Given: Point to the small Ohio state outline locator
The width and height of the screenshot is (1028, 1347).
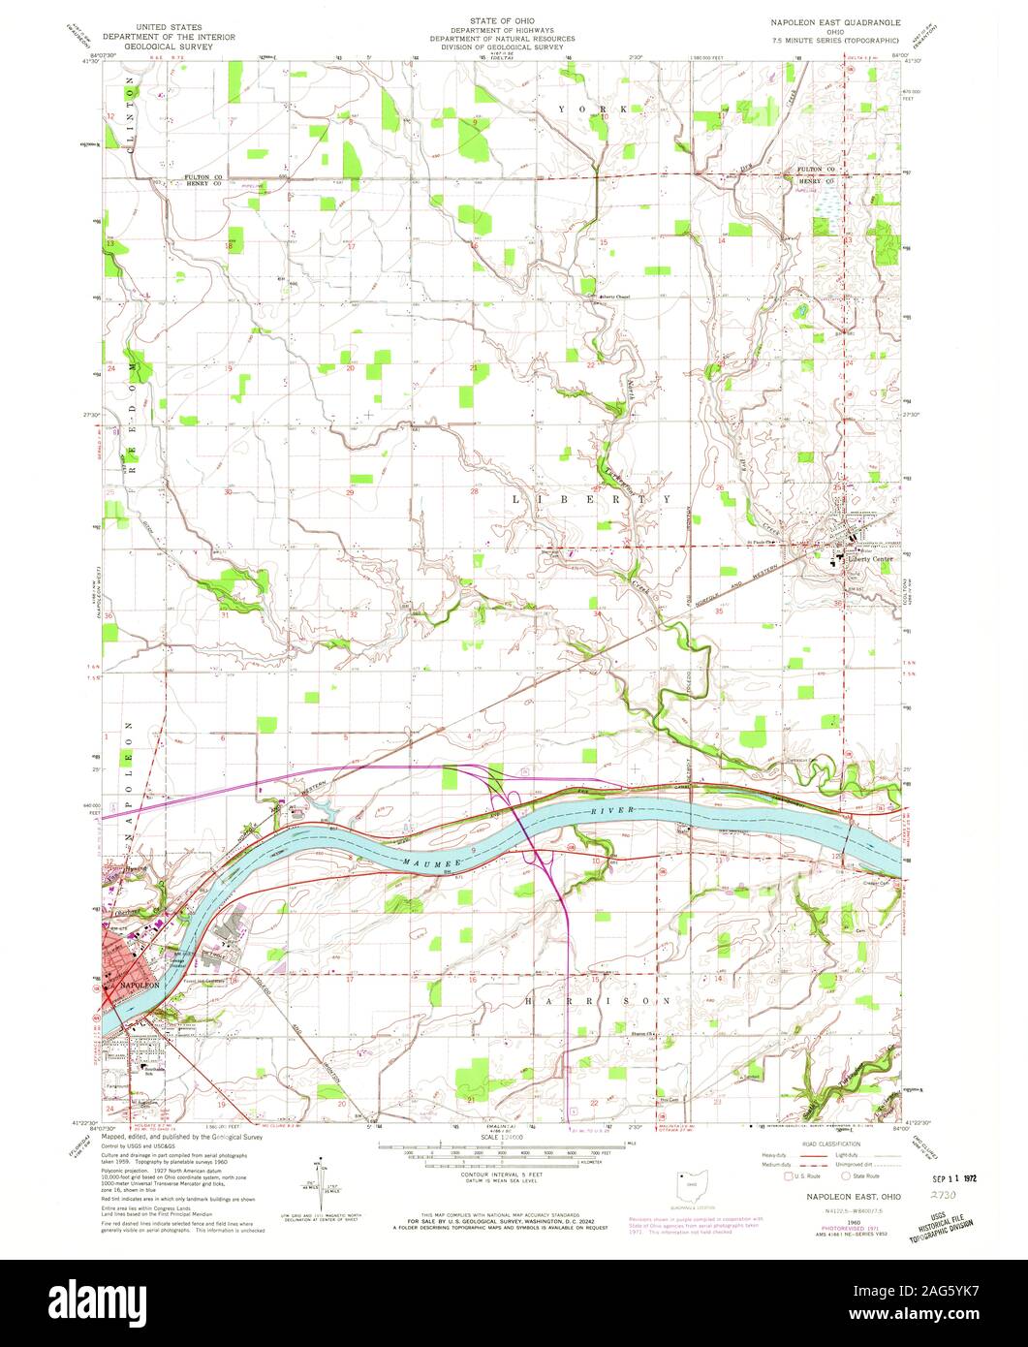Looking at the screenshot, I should coord(691,1184).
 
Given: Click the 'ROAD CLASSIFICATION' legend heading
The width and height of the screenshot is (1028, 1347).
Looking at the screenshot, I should coord(816,1143).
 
